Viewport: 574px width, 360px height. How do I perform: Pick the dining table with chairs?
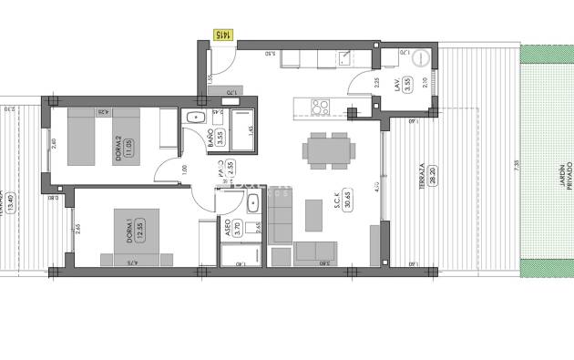(326, 149)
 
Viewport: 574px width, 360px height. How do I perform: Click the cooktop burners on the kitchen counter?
(321, 107)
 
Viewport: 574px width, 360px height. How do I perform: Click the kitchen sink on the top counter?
(347, 59)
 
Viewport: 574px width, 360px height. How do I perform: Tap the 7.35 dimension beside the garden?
(516, 164)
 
